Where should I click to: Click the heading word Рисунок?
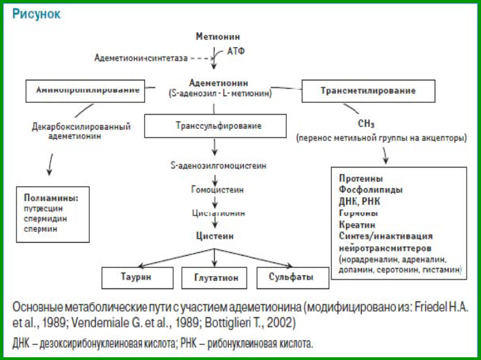(x=35, y=14)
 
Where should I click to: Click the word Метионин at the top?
(x=217, y=36)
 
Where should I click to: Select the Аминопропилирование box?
(x=88, y=89)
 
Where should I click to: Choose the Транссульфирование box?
(x=218, y=126)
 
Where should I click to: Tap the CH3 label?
(x=368, y=124)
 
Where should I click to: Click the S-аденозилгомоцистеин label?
(x=218, y=166)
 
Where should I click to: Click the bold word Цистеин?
(x=216, y=236)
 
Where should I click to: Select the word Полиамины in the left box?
(x=52, y=198)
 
